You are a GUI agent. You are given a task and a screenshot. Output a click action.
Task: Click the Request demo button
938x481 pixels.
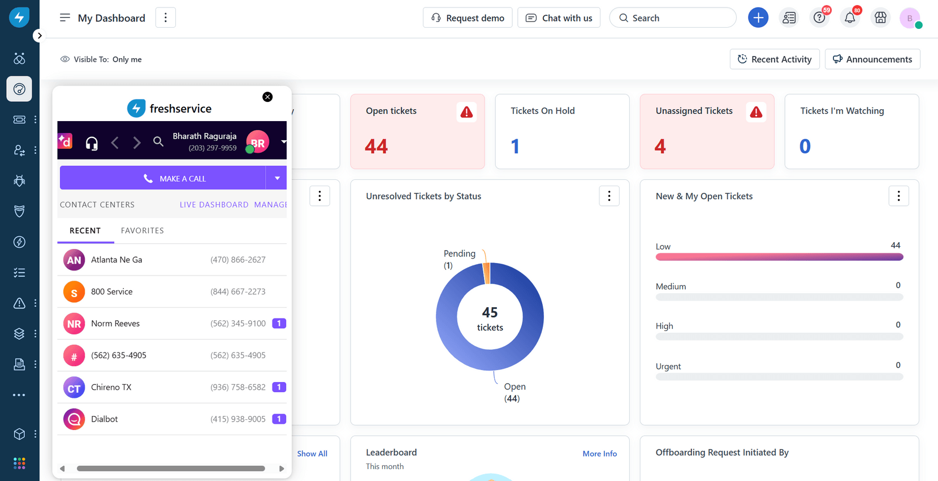[468, 18]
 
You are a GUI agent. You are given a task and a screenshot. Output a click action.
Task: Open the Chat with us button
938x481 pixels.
[559, 18]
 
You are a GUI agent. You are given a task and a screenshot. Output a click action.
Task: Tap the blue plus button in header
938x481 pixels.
[758, 18]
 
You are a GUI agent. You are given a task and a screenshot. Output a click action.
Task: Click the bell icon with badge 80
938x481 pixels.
[850, 18]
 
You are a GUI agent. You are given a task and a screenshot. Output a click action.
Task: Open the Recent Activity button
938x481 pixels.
[774, 59]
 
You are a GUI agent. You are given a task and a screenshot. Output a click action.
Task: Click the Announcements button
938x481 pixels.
[872, 59]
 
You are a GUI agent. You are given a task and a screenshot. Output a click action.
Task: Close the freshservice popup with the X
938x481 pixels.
[267, 97]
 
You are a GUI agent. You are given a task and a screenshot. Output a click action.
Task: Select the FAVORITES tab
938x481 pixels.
[142, 231]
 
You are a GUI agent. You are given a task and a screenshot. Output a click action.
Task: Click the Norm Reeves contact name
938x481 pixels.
[115, 324]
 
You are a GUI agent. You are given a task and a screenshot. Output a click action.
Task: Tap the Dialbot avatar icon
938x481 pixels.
[74, 419]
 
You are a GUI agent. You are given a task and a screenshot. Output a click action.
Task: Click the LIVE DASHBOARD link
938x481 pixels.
[214, 205]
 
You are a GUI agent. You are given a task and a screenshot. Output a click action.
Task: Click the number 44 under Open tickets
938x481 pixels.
[376, 147]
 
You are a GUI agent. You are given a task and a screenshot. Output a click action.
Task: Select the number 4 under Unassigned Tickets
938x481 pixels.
[660, 147]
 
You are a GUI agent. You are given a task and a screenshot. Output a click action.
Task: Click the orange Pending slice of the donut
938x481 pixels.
[486, 273]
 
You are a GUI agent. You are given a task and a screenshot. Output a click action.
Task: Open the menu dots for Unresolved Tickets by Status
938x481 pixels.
[609, 196]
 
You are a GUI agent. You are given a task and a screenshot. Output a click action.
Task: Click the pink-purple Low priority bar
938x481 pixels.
[779, 257]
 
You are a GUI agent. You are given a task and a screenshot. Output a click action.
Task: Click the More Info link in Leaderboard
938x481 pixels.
[599, 454]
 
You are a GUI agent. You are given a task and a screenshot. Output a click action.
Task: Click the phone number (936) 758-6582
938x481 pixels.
[237, 388]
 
